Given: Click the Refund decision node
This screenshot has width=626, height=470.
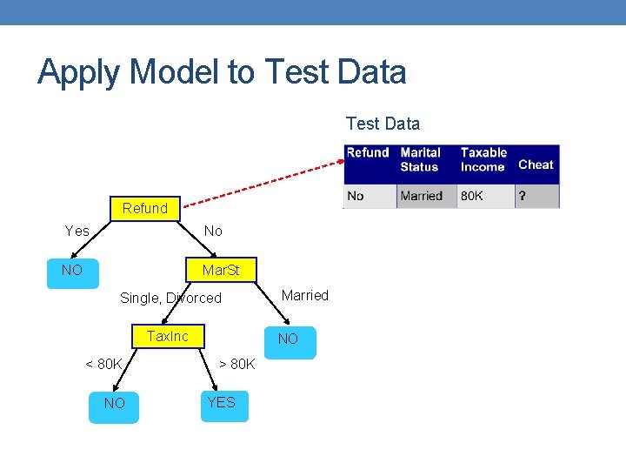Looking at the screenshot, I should (x=145, y=208).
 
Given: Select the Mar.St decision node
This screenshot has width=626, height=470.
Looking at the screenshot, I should (x=220, y=271).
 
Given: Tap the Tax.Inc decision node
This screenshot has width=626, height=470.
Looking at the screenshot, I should (x=168, y=337).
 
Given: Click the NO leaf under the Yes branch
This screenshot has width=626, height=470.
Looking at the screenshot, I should (x=73, y=271).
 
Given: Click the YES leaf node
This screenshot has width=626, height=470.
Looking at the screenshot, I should (x=222, y=403).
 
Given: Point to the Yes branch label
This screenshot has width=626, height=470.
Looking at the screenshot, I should (x=77, y=231).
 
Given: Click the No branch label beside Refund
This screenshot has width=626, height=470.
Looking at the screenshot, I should (x=213, y=231).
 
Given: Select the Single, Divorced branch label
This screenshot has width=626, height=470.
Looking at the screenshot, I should (x=170, y=298).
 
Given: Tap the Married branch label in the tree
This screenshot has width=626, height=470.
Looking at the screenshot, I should (x=305, y=295).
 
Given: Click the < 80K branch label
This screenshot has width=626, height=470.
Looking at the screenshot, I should (x=103, y=364).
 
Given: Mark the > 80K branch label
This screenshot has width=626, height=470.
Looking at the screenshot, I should (x=236, y=364).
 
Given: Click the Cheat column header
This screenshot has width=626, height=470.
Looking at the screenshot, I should (x=536, y=164).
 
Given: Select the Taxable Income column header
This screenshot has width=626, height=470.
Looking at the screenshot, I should (x=483, y=159).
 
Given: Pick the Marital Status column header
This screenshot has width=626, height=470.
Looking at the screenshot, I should (x=421, y=159).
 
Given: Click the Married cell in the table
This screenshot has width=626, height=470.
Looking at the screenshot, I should (x=422, y=196).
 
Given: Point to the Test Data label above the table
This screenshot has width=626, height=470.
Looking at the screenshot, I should (x=383, y=124).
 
